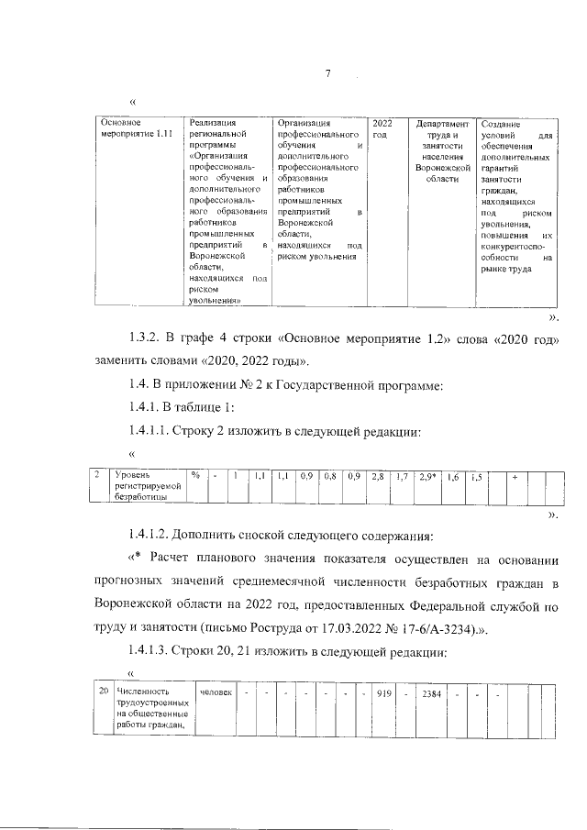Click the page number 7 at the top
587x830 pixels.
(327, 74)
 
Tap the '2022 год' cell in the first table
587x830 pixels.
(383, 128)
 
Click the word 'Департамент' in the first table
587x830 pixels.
(441, 123)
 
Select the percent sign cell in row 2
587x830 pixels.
(195, 476)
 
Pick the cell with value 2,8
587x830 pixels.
(378, 477)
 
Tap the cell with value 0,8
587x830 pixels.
(330, 477)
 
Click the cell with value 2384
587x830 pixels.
(431, 693)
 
